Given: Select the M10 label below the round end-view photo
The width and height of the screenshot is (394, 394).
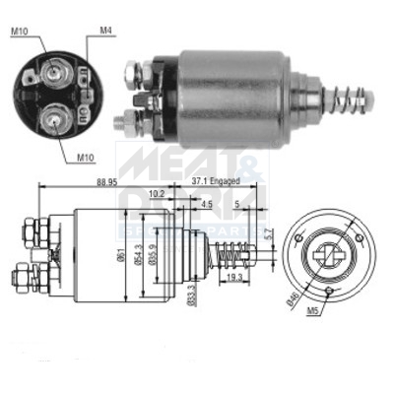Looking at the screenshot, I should click(87, 155).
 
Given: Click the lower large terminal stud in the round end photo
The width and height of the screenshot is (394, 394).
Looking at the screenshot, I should click(50, 120).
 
